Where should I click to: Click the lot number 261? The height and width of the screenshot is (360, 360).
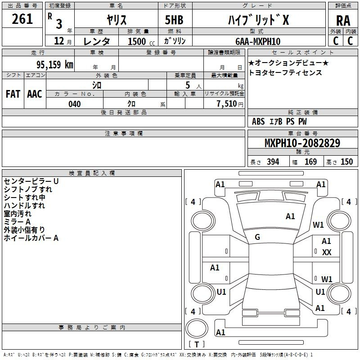coord(22,19)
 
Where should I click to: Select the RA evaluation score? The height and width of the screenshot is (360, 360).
coord(343,21)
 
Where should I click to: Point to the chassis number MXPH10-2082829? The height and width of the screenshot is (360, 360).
coord(302,144)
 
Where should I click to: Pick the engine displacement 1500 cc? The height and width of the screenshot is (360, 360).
coord(138,41)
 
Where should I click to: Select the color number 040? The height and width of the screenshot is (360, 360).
coord(74,104)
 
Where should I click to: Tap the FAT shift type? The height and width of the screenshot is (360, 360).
coord(13,94)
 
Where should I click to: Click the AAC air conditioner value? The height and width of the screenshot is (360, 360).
coord(35,94)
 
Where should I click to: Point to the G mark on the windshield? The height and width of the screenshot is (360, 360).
coord(257,237)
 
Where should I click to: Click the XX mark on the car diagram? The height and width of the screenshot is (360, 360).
coord(327,252)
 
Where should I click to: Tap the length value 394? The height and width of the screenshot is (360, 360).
coord(273,162)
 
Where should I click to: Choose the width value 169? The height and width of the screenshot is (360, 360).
coord(310,162)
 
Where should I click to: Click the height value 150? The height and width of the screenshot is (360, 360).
coord(347,162)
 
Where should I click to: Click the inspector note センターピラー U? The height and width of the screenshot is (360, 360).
coord(31,181)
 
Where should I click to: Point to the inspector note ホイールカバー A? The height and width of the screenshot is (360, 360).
coord(31,238)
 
